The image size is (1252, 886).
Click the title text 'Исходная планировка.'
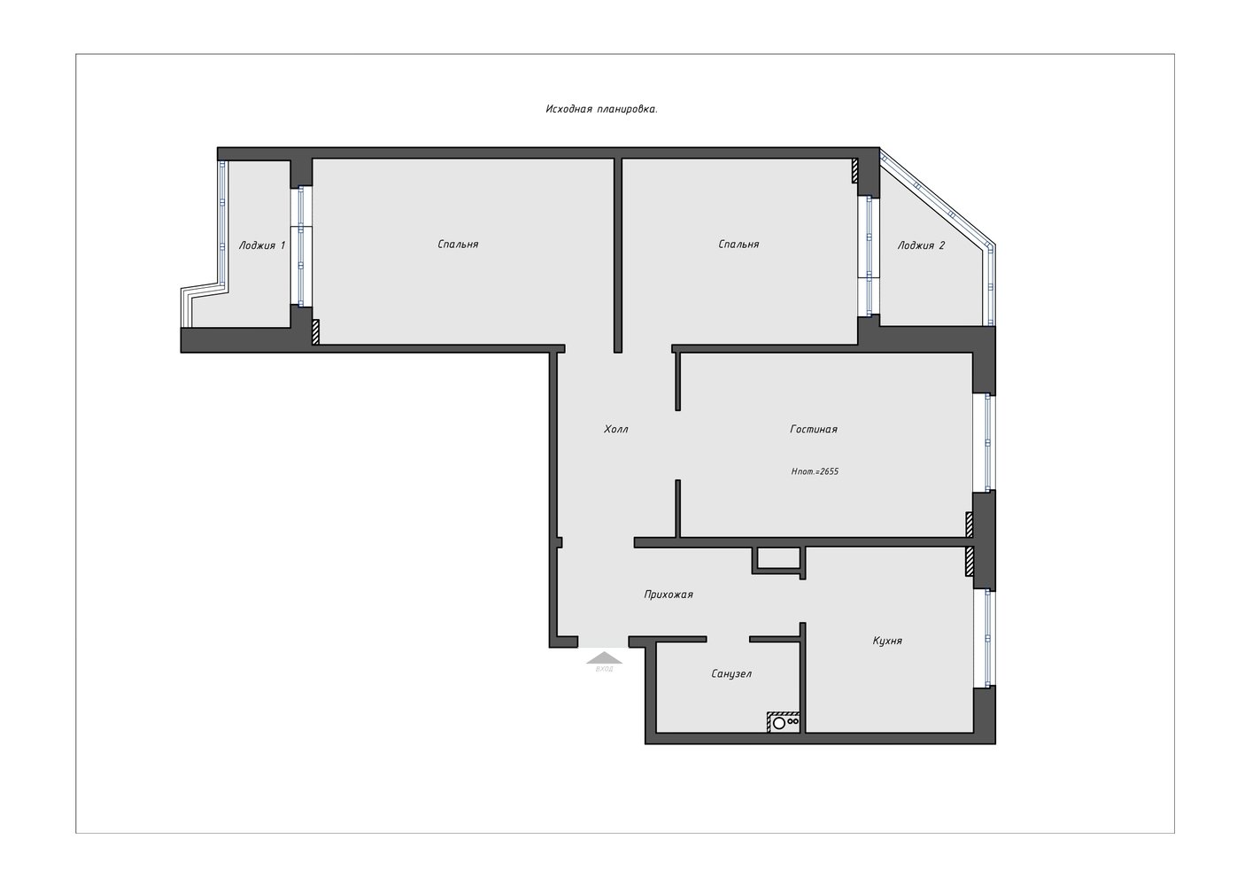(x=601, y=109)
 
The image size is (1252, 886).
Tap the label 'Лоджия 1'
(x=261, y=245)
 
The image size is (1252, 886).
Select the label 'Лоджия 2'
(x=921, y=245)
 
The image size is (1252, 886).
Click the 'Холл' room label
(x=616, y=429)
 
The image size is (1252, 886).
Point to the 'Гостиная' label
(x=814, y=429)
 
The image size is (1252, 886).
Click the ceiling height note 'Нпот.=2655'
(x=815, y=471)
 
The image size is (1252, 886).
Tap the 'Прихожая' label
(x=669, y=595)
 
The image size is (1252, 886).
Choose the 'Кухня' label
(x=887, y=641)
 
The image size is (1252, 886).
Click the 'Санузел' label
(x=731, y=674)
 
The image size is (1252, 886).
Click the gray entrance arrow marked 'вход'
(x=604, y=658)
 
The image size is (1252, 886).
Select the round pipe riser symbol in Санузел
(x=779, y=723)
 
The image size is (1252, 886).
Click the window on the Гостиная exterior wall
(x=987, y=443)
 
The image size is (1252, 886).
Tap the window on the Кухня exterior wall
(x=987, y=638)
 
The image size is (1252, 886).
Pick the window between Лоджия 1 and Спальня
(x=301, y=246)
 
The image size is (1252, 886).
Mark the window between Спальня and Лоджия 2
(x=869, y=256)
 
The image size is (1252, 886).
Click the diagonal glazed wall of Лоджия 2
(x=938, y=198)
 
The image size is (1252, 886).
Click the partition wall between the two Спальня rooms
(x=618, y=255)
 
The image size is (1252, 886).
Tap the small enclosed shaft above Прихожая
(x=778, y=561)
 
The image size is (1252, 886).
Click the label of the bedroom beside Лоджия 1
(x=459, y=244)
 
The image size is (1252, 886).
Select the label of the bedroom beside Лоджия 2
(x=739, y=244)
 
